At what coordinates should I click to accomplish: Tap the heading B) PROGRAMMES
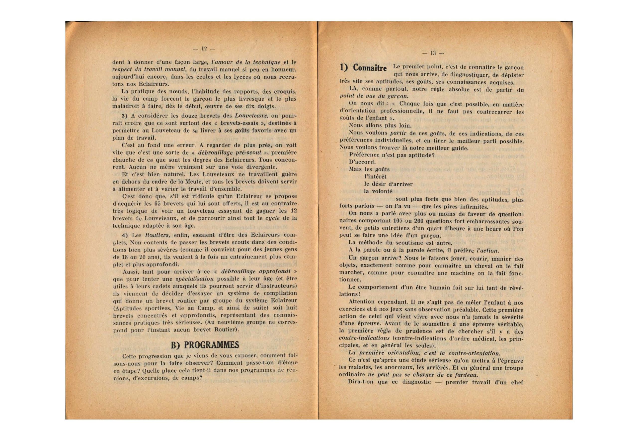(205, 345)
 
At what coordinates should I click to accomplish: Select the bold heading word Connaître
(369, 68)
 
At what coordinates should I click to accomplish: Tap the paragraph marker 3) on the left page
(125, 116)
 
